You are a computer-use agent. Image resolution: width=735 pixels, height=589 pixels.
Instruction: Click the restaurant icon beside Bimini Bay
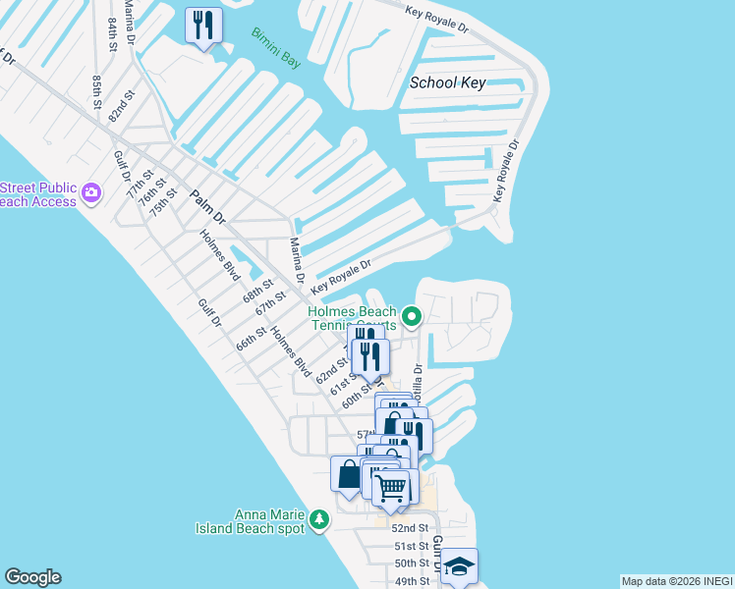(203, 26)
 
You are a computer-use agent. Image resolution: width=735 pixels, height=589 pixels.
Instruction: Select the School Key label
(447, 82)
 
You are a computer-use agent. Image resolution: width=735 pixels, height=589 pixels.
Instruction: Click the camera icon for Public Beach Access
(92, 191)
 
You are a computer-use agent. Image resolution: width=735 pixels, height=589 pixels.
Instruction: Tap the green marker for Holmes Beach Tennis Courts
(413, 316)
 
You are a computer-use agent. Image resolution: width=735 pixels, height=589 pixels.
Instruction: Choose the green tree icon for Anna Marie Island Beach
(318, 518)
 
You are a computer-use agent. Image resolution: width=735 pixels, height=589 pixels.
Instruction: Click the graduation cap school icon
(458, 565)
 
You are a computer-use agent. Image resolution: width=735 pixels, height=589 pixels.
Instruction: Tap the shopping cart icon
(391, 487)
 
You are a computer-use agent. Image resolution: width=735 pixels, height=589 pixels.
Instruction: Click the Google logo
(32, 577)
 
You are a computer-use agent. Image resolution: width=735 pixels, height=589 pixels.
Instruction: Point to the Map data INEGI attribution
(675, 581)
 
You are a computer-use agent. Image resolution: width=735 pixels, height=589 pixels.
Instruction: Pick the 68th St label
(257, 291)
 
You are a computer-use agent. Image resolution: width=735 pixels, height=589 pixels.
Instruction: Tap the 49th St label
(411, 581)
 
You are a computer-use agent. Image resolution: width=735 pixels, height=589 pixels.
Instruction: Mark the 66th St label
(251, 339)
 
